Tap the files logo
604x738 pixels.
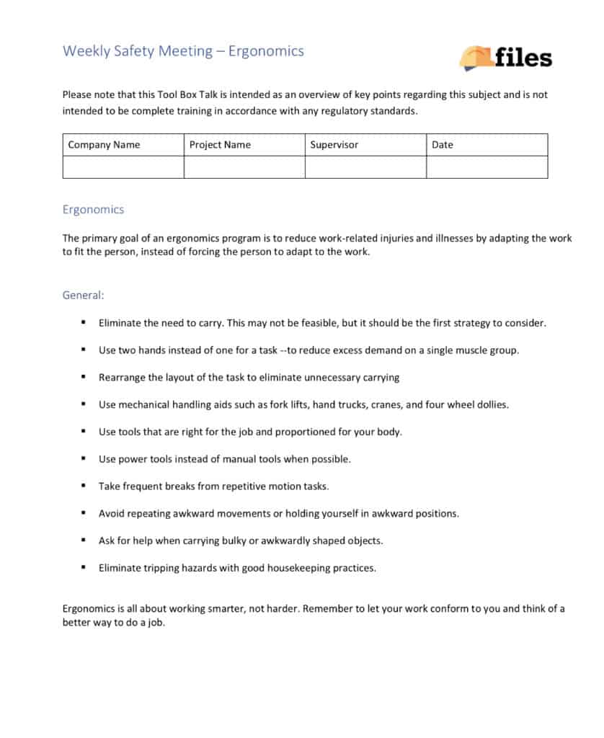coord(505,57)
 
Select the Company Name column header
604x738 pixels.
coord(104,145)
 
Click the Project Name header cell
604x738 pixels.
coord(220,145)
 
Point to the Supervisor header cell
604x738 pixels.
coord(334,145)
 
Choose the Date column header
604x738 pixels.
coord(443,145)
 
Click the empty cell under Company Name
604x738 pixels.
coord(123,167)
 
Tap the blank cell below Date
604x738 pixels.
coord(487,167)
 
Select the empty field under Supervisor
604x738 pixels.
coord(365,167)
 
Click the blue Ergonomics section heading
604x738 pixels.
coord(93,210)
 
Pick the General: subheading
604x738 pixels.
coord(83,295)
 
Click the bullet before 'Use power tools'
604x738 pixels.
coord(84,458)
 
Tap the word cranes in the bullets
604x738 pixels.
coord(386,404)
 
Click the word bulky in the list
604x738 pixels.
coord(210,541)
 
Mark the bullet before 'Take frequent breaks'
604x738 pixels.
coord(84,486)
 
